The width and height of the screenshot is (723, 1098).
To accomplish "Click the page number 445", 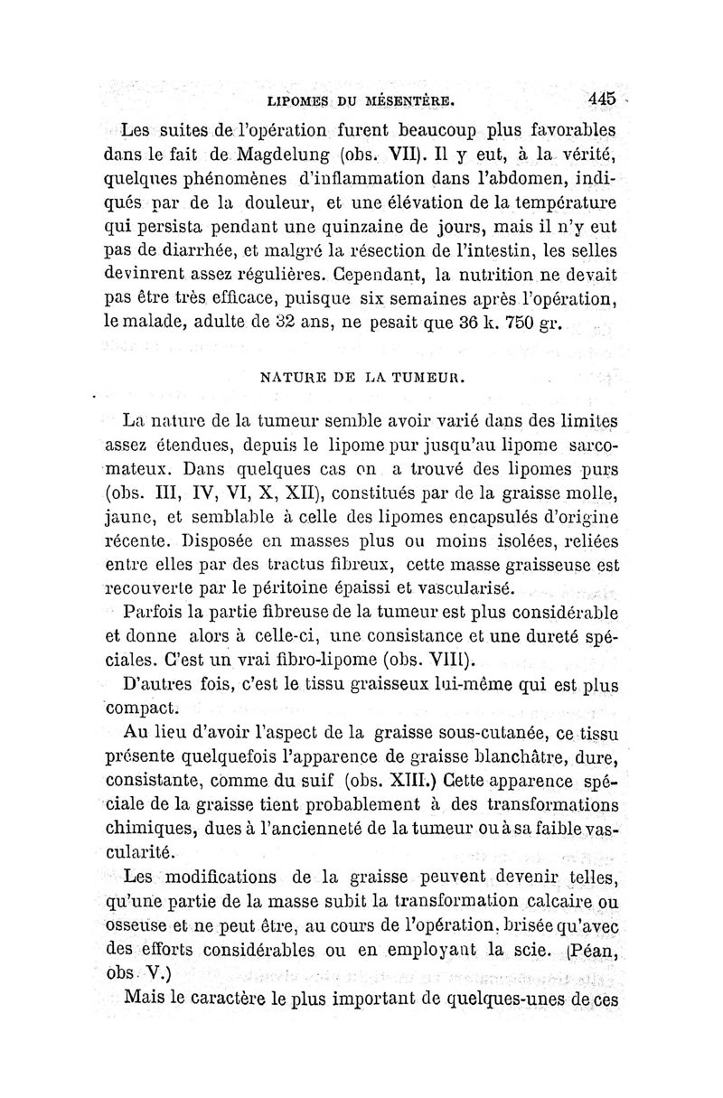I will tap(599, 98).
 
